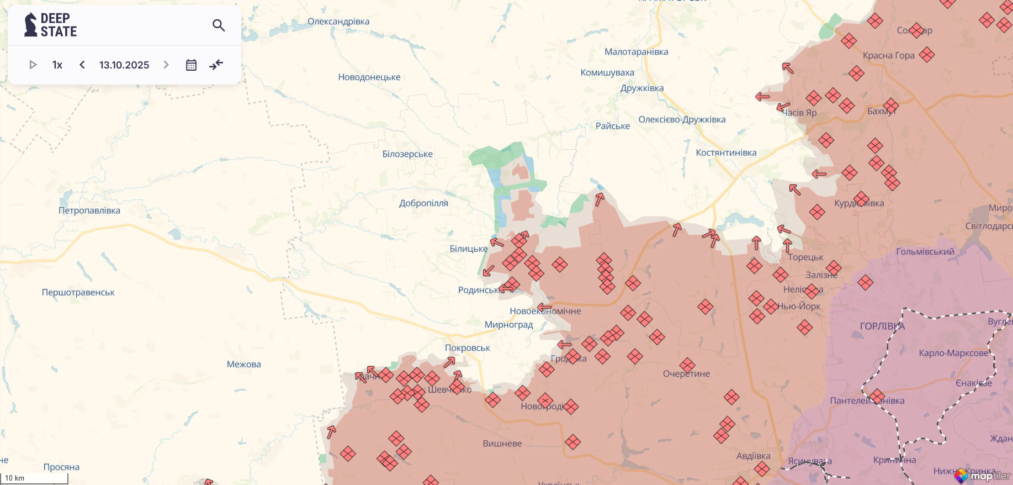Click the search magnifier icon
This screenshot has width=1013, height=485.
click(x=219, y=25)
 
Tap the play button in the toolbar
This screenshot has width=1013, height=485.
click(x=33, y=65)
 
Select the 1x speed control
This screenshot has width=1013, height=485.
click(x=57, y=65)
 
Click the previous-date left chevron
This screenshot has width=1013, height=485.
click(x=82, y=65)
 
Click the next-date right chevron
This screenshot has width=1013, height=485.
click(x=166, y=65)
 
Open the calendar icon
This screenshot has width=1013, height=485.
click(x=191, y=65)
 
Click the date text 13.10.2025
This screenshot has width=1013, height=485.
click(x=124, y=65)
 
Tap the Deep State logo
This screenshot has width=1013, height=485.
click(x=51, y=25)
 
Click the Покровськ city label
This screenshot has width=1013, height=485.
click(x=468, y=347)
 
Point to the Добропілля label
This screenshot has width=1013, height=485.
click(x=423, y=203)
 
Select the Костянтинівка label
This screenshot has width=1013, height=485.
click(x=726, y=152)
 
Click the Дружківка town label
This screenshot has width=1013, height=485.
click(x=642, y=88)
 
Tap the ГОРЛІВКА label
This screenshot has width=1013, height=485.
click(x=882, y=326)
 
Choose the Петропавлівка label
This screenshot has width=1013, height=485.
click(x=89, y=210)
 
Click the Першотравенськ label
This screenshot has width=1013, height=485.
click(x=78, y=292)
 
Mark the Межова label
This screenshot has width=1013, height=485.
click(x=243, y=364)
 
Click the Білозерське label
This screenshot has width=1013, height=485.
click(x=407, y=154)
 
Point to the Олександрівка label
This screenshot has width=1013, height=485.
click(x=338, y=22)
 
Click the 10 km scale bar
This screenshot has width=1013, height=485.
click(x=34, y=478)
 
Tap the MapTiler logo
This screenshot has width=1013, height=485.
click(x=984, y=475)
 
